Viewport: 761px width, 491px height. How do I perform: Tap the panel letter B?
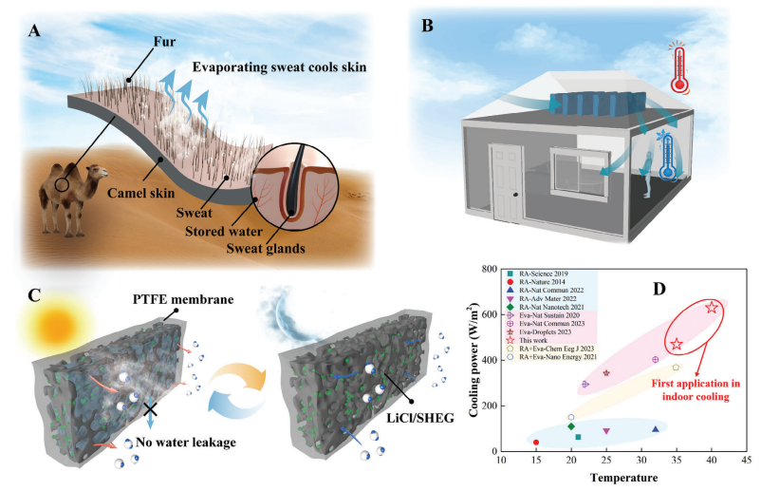click(428, 28)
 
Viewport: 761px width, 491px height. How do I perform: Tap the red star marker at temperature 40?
click(712, 308)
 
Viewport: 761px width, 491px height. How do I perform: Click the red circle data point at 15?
click(536, 443)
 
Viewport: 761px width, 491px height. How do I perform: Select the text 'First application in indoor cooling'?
click(696, 389)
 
